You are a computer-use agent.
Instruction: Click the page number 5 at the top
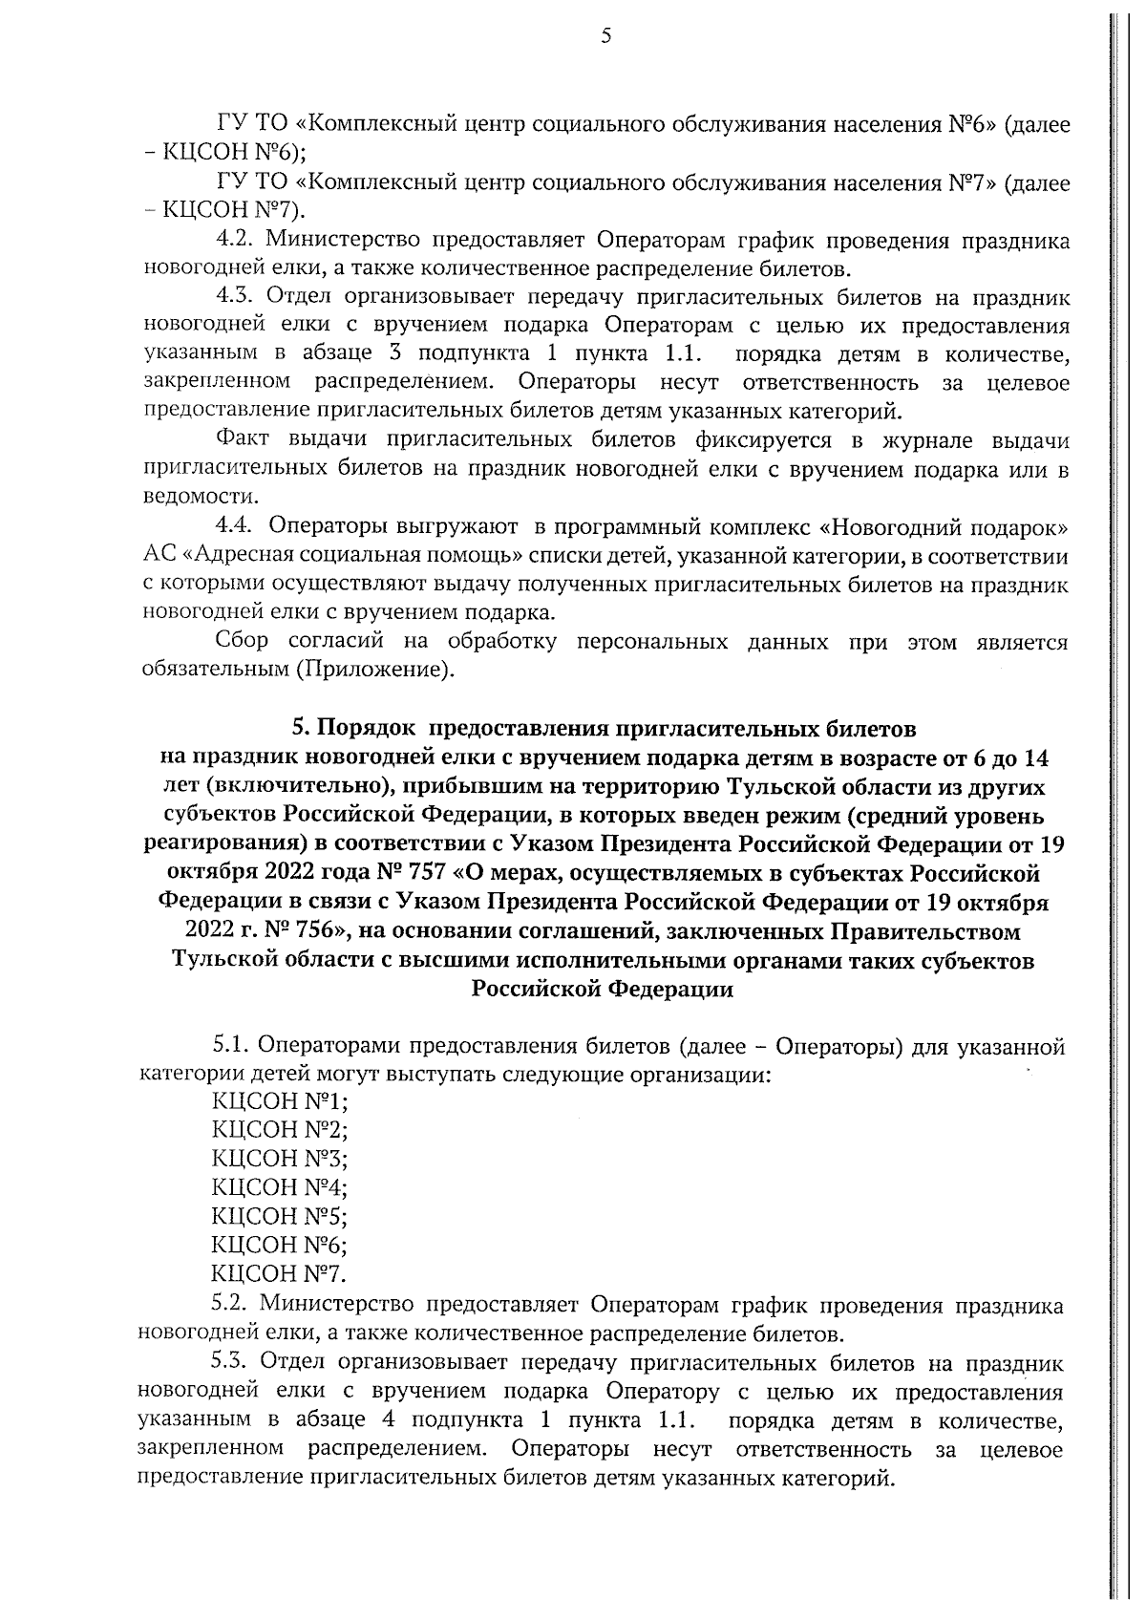[605, 37]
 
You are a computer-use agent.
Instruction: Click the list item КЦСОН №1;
[279, 1101]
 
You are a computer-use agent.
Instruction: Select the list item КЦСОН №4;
[279, 1187]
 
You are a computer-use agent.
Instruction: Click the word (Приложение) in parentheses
[373, 671]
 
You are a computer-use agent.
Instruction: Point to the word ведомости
[186, 498]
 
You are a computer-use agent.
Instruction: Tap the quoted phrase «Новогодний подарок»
[944, 526]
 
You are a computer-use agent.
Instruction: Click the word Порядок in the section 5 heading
[366, 729]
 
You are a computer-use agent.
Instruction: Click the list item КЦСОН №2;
[279, 1130]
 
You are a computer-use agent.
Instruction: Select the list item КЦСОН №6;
[279, 1245]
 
